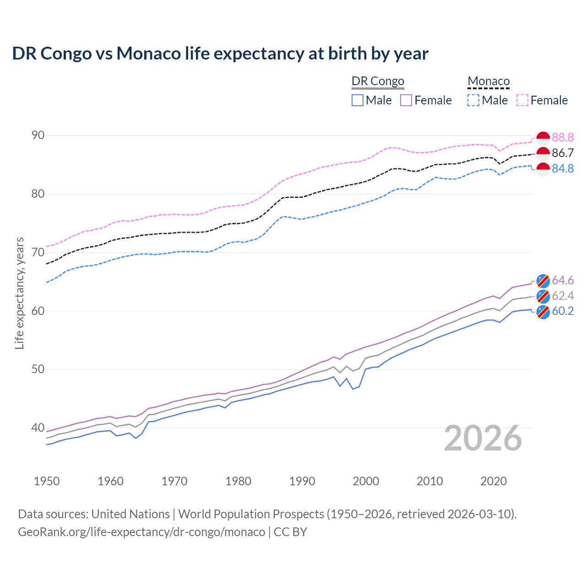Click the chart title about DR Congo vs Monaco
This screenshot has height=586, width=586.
tap(220, 54)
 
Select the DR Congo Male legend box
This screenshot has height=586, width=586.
tap(358, 100)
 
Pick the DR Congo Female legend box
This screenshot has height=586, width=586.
tap(406, 100)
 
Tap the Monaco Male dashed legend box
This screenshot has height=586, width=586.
tap(473, 100)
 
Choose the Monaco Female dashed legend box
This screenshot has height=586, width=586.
tap(522, 100)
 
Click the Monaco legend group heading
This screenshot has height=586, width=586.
tap(488, 81)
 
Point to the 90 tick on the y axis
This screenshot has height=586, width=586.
tap(38, 136)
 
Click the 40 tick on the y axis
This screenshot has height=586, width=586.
tap(38, 428)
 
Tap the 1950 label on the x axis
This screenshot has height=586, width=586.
tap(47, 481)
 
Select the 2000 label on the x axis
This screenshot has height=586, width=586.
tap(366, 481)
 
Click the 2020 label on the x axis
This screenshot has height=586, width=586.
tap(494, 481)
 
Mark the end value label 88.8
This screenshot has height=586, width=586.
tap(563, 138)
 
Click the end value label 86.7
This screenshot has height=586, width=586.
tap(563, 153)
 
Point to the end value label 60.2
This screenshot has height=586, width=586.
tap(563, 311)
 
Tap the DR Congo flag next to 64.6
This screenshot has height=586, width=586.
tap(543, 281)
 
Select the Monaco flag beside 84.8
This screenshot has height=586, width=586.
tap(543, 169)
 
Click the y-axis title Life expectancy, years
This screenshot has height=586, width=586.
tap(20, 293)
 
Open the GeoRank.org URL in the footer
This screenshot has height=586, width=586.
tap(141, 532)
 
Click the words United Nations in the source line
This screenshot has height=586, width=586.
tap(130, 514)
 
